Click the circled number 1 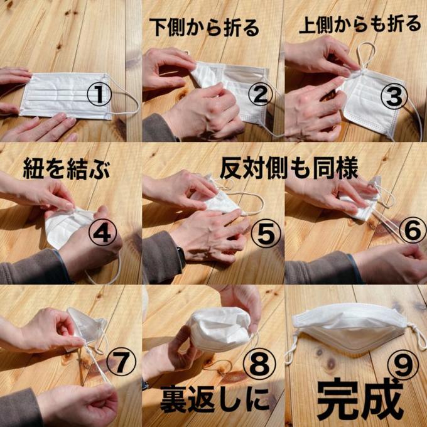point(99,94)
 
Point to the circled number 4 point(102,233)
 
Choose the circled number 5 point(266,234)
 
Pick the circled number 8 point(259,364)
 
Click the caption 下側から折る point(204,27)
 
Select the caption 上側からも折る point(360,25)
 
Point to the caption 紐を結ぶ point(67,169)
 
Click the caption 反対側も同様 point(289,169)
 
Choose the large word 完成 point(360,399)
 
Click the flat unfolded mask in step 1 point(66,95)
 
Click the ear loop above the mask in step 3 point(365,56)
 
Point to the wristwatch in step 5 point(181,257)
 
